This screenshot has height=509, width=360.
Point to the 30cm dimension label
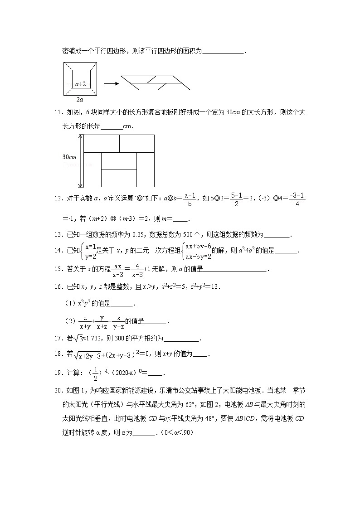(x=69, y=157)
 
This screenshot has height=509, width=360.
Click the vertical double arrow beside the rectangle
(x=81, y=161)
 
